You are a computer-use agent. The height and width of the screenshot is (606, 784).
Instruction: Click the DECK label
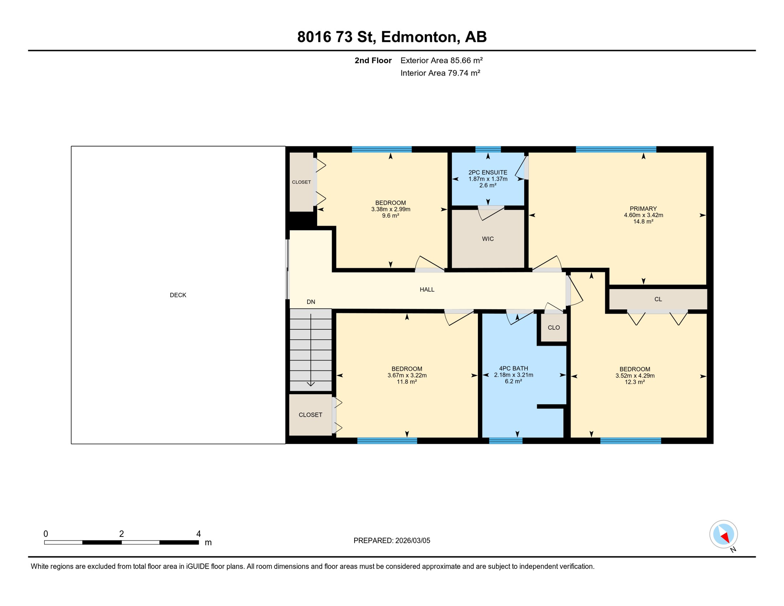click(178, 295)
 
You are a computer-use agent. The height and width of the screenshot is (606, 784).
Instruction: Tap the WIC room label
click(488, 239)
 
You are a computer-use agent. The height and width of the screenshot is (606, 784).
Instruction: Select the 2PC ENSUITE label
click(488, 172)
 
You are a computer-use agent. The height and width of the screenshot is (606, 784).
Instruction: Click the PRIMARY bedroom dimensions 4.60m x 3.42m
click(643, 215)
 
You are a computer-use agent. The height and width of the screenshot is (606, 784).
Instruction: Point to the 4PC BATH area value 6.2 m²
click(513, 382)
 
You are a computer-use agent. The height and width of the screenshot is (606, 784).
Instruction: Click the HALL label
click(427, 290)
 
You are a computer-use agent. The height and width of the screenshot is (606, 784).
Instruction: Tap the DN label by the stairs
click(311, 302)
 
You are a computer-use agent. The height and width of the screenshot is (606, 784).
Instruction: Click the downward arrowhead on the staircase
click(311, 384)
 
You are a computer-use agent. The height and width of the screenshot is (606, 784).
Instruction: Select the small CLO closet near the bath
click(554, 327)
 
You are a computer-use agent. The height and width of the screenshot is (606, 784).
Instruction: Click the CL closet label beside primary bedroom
click(658, 299)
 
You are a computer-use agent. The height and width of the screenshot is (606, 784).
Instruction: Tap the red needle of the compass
click(725, 537)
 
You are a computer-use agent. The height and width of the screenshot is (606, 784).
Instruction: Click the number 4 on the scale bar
click(198, 534)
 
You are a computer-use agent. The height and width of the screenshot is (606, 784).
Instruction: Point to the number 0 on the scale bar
click(46, 534)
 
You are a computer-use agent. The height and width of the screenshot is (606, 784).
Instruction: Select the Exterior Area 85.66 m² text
click(441, 60)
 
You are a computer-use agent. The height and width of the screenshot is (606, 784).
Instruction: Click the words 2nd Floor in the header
click(373, 60)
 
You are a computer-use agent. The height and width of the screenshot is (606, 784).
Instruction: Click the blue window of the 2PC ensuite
click(488, 149)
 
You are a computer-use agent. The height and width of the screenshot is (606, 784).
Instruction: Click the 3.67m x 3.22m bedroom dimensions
click(407, 376)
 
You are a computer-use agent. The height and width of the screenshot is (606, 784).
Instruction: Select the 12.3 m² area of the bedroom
click(635, 382)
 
